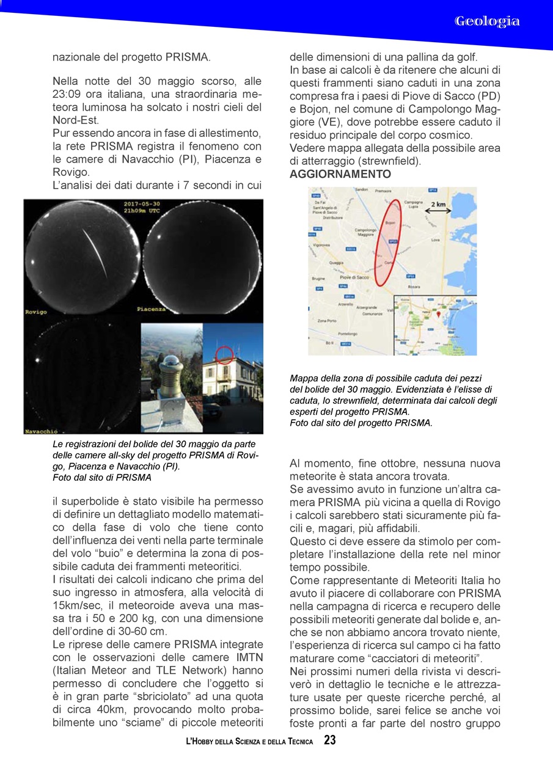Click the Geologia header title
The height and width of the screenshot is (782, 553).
point(487,21)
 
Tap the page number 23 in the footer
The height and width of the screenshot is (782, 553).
point(330,740)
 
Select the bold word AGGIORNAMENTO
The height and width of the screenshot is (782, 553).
point(340,174)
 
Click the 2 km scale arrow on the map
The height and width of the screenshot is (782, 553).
point(438,211)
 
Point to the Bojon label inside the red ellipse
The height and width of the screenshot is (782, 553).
point(390,223)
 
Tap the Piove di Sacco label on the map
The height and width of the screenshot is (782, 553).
point(354,277)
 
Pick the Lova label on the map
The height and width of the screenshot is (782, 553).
point(435,240)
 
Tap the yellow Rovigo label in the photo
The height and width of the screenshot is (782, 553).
point(36,312)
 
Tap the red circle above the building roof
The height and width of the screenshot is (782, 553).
point(225,354)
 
